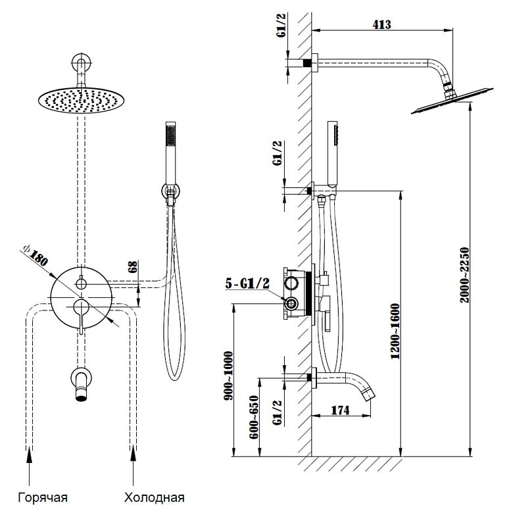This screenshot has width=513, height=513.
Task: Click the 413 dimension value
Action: click(x=381, y=24)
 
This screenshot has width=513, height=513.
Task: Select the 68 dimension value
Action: click(x=134, y=266)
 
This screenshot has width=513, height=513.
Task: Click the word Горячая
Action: click(x=43, y=497)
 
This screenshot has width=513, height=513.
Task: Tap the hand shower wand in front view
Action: click(x=171, y=151)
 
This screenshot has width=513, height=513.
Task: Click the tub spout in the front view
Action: click(x=81, y=383)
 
